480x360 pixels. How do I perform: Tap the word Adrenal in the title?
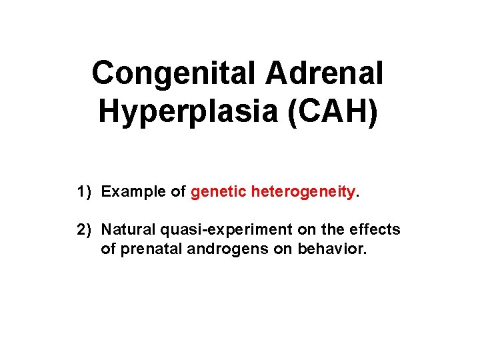pos(325,73)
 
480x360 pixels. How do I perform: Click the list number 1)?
pos(83,192)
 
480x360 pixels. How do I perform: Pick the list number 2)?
pos(83,230)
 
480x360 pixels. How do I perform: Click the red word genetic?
pos(218,192)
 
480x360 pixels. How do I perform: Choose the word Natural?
pos(128,230)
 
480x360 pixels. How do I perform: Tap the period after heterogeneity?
pos(358,196)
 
